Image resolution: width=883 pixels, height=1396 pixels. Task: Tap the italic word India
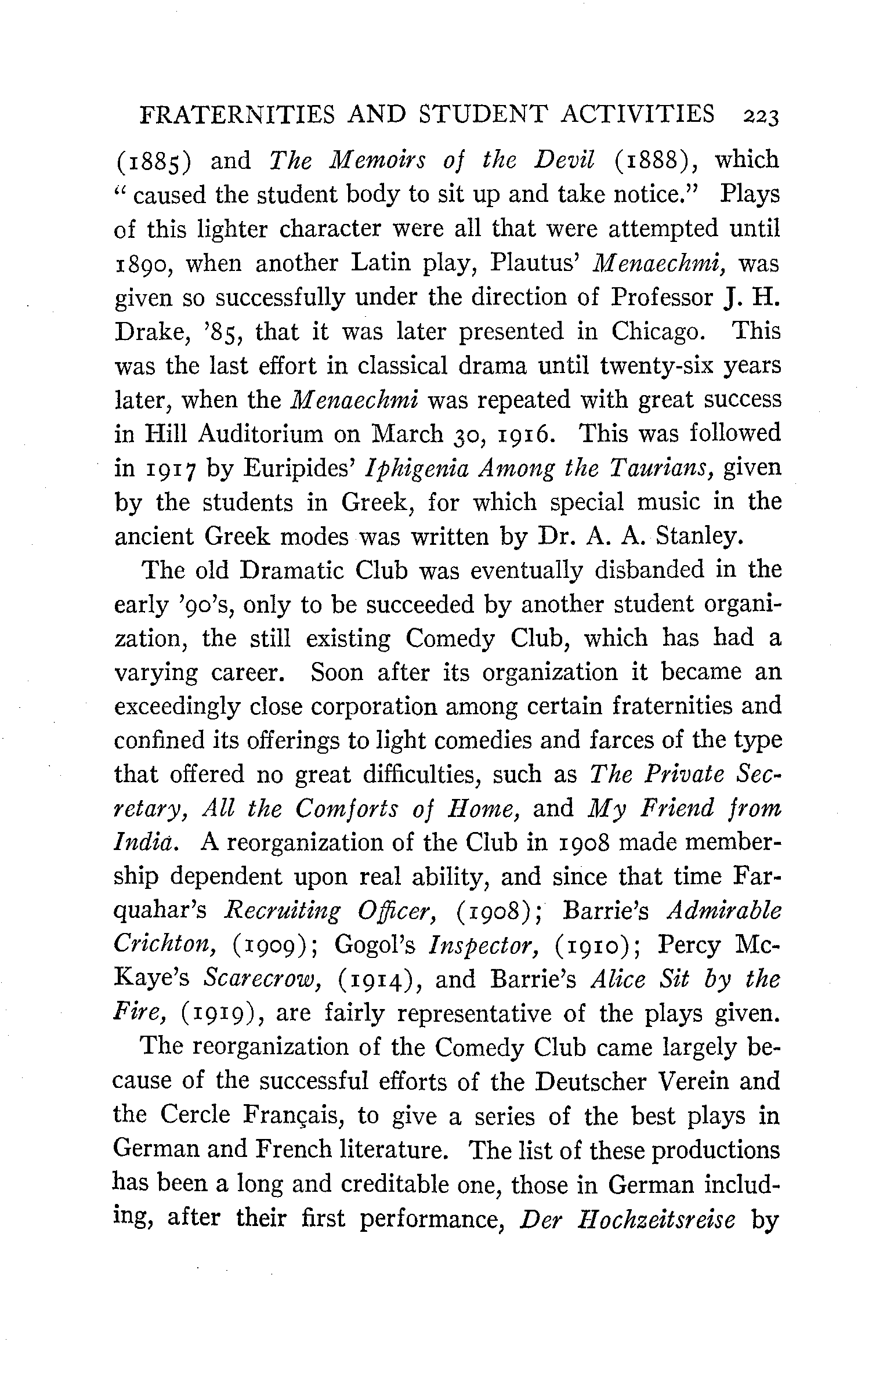point(147,842)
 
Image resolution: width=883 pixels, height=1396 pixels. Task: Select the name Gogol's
point(375,946)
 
